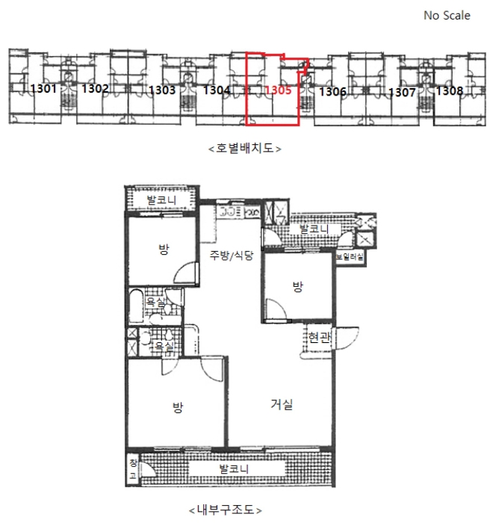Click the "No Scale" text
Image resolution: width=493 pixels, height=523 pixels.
(447, 16)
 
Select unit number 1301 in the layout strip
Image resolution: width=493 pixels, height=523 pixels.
(43, 89)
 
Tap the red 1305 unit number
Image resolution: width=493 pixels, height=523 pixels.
(278, 90)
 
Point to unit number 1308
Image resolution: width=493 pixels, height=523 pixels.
(450, 90)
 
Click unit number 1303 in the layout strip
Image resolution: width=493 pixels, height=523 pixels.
(162, 90)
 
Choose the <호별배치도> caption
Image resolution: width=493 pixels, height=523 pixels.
(244, 148)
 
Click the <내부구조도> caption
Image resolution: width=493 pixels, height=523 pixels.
(226, 510)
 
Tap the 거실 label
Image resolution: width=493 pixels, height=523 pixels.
(282, 405)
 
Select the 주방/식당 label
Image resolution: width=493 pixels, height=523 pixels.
(232, 256)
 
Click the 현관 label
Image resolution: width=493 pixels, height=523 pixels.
(319, 338)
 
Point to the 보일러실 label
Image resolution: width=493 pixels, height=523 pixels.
(350, 257)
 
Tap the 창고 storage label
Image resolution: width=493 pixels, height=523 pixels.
(133, 469)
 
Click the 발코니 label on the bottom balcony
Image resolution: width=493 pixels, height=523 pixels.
(234, 469)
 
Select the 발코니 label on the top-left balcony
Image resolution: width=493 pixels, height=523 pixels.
(161, 200)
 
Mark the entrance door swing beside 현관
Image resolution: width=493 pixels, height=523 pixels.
(347, 338)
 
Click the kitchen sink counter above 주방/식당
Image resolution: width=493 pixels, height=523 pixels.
(238, 211)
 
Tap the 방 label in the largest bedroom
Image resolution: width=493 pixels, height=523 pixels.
(178, 407)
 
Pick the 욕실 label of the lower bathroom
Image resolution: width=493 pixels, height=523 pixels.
(164, 346)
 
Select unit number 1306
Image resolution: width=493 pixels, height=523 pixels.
(332, 91)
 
